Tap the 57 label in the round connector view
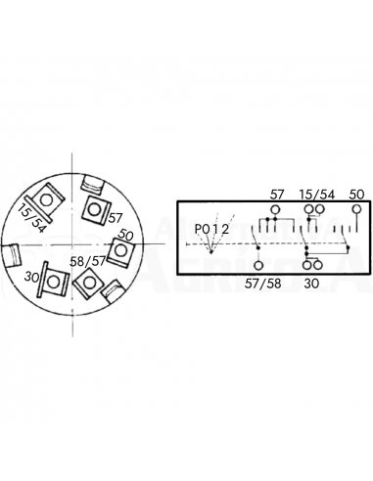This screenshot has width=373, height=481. coord(115,218)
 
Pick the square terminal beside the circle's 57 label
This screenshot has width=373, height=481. coord(95,207)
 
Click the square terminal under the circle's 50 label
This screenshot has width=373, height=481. coord(119,253)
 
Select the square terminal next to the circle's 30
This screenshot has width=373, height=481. coord(56,281)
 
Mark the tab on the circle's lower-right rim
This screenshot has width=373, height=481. coord(113,289)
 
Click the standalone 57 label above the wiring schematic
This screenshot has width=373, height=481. coord(277,196)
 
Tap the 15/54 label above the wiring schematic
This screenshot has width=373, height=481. coord(315,196)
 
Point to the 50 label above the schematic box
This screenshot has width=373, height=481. coord(356,196)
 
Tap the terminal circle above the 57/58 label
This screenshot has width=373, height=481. coord(259,266)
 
